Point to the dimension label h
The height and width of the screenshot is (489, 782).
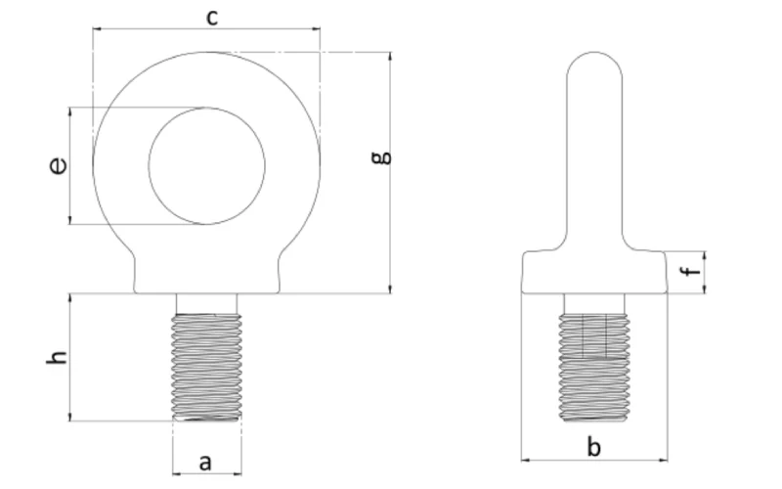pos(59,357)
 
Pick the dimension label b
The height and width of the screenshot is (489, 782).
pos(593,447)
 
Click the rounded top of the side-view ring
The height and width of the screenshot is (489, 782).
pos(593,64)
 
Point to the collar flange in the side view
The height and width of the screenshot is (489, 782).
pos(593,271)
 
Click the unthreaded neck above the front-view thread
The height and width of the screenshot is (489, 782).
pos(206,302)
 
